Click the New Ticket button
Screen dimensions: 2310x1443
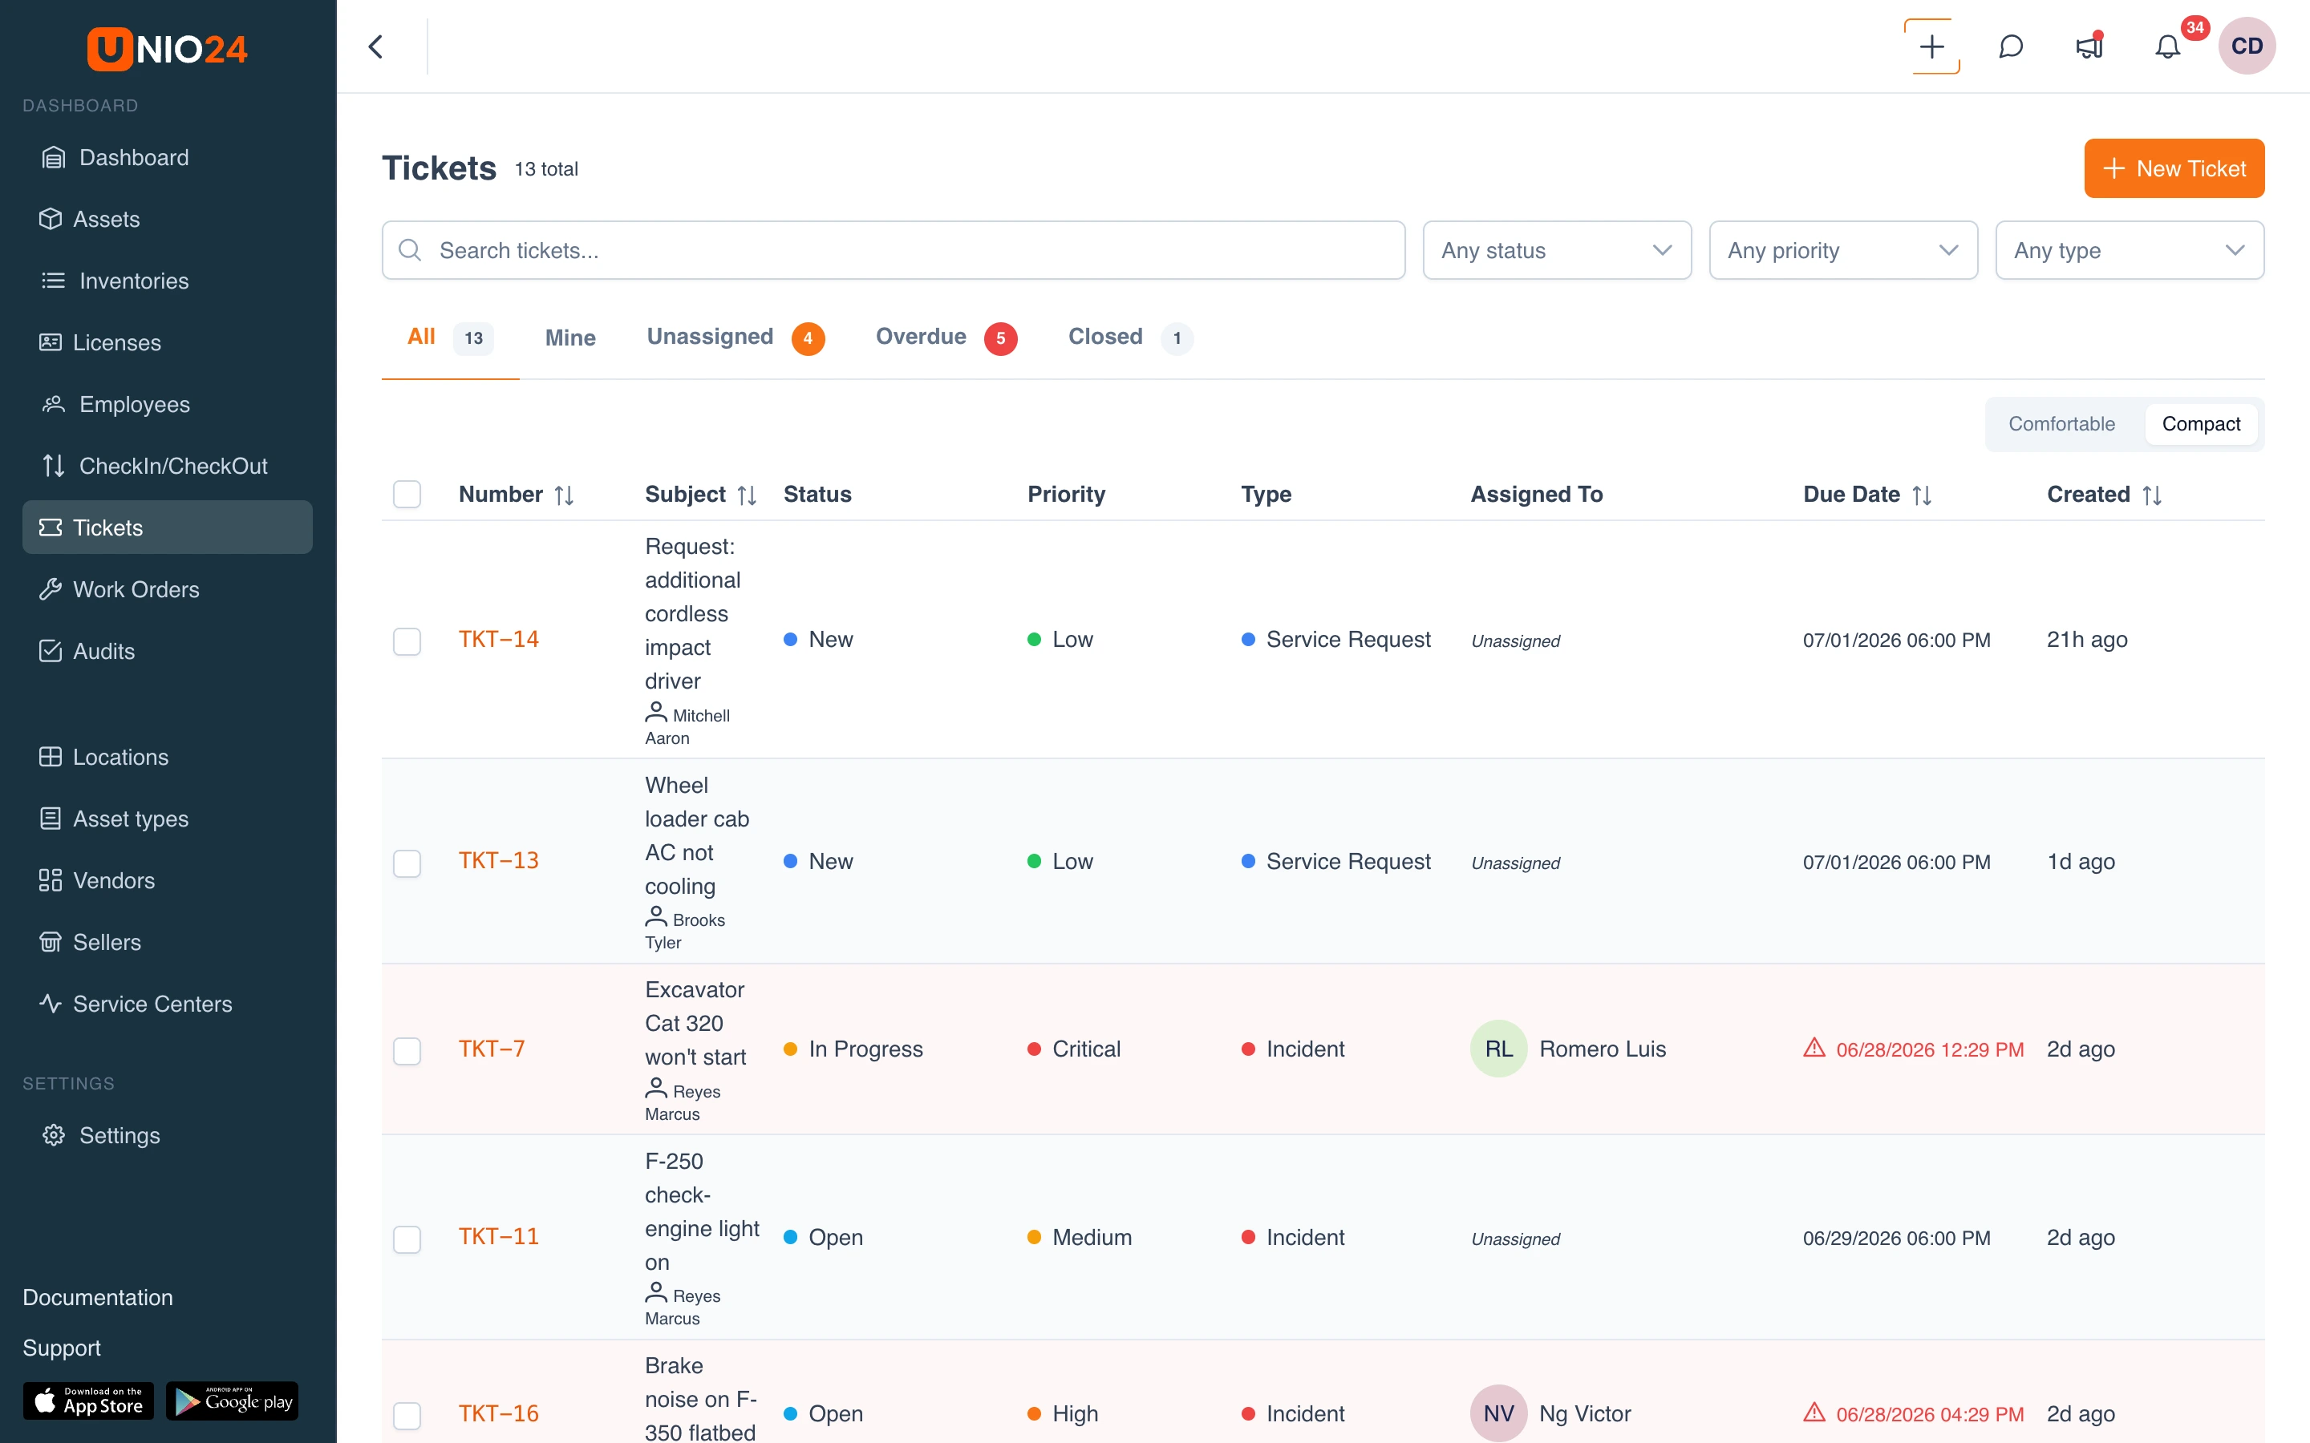pyautogui.click(x=2174, y=168)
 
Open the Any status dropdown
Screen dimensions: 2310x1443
pyautogui.click(x=1556, y=250)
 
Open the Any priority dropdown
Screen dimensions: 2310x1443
pyautogui.click(x=1842, y=250)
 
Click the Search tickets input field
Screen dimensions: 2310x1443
pyautogui.click(x=893, y=250)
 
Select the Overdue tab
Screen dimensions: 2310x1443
pyautogui.click(x=945, y=338)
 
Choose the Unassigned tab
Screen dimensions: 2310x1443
pyautogui.click(x=735, y=338)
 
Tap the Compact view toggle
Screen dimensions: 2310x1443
pyautogui.click(x=2200, y=424)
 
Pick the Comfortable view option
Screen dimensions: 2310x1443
pyautogui.click(x=2061, y=424)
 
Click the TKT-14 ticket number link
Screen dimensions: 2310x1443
pyautogui.click(x=498, y=640)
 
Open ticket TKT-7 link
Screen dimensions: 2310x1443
pyautogui.click(x=492, y=1049)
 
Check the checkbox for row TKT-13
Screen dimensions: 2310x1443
pyautogui.click(x=407, y=863)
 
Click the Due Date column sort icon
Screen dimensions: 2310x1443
pyautogui.click(x=1922, y=495)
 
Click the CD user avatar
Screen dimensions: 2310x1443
pyautogui.click(x=2246, y=46)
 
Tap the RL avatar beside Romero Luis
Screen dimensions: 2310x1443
pyautogui.click(x=1497, y=1049)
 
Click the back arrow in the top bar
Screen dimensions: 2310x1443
pyautogui.click(x=376, y=46)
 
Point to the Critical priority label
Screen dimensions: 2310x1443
pyautogui.click(x=1085, y=1049)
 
